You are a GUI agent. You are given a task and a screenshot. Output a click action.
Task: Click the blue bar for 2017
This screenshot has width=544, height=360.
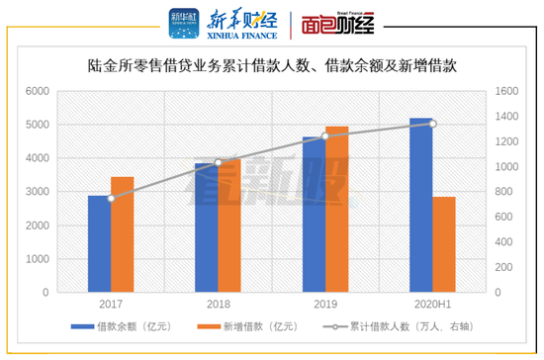(x=99, y=243)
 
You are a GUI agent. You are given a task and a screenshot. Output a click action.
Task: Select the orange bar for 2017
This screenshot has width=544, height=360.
(x=122, y=234)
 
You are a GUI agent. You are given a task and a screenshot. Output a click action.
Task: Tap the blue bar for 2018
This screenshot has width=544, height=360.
(x=206, y=227)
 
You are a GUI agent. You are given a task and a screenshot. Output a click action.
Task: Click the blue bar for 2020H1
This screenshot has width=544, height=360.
(x=420, y=205)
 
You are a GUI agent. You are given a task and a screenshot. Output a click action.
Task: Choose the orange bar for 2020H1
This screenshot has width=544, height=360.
(x=444, y=244)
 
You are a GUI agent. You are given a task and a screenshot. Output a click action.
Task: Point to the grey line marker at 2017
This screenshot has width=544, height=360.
(x=111, y=199)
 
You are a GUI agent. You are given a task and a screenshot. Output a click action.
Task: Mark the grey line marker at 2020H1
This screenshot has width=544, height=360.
(x=432, y=124)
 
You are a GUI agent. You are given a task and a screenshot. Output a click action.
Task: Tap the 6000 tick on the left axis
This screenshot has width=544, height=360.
(x=37, y=91)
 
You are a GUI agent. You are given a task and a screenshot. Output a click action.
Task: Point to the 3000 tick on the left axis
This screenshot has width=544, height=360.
(x=37, y=192)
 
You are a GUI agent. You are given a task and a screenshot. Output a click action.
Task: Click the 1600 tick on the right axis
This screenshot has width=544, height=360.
(x=505, y=91)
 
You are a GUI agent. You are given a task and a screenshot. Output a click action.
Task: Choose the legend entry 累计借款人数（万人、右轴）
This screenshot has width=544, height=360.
(x=408, y=325)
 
